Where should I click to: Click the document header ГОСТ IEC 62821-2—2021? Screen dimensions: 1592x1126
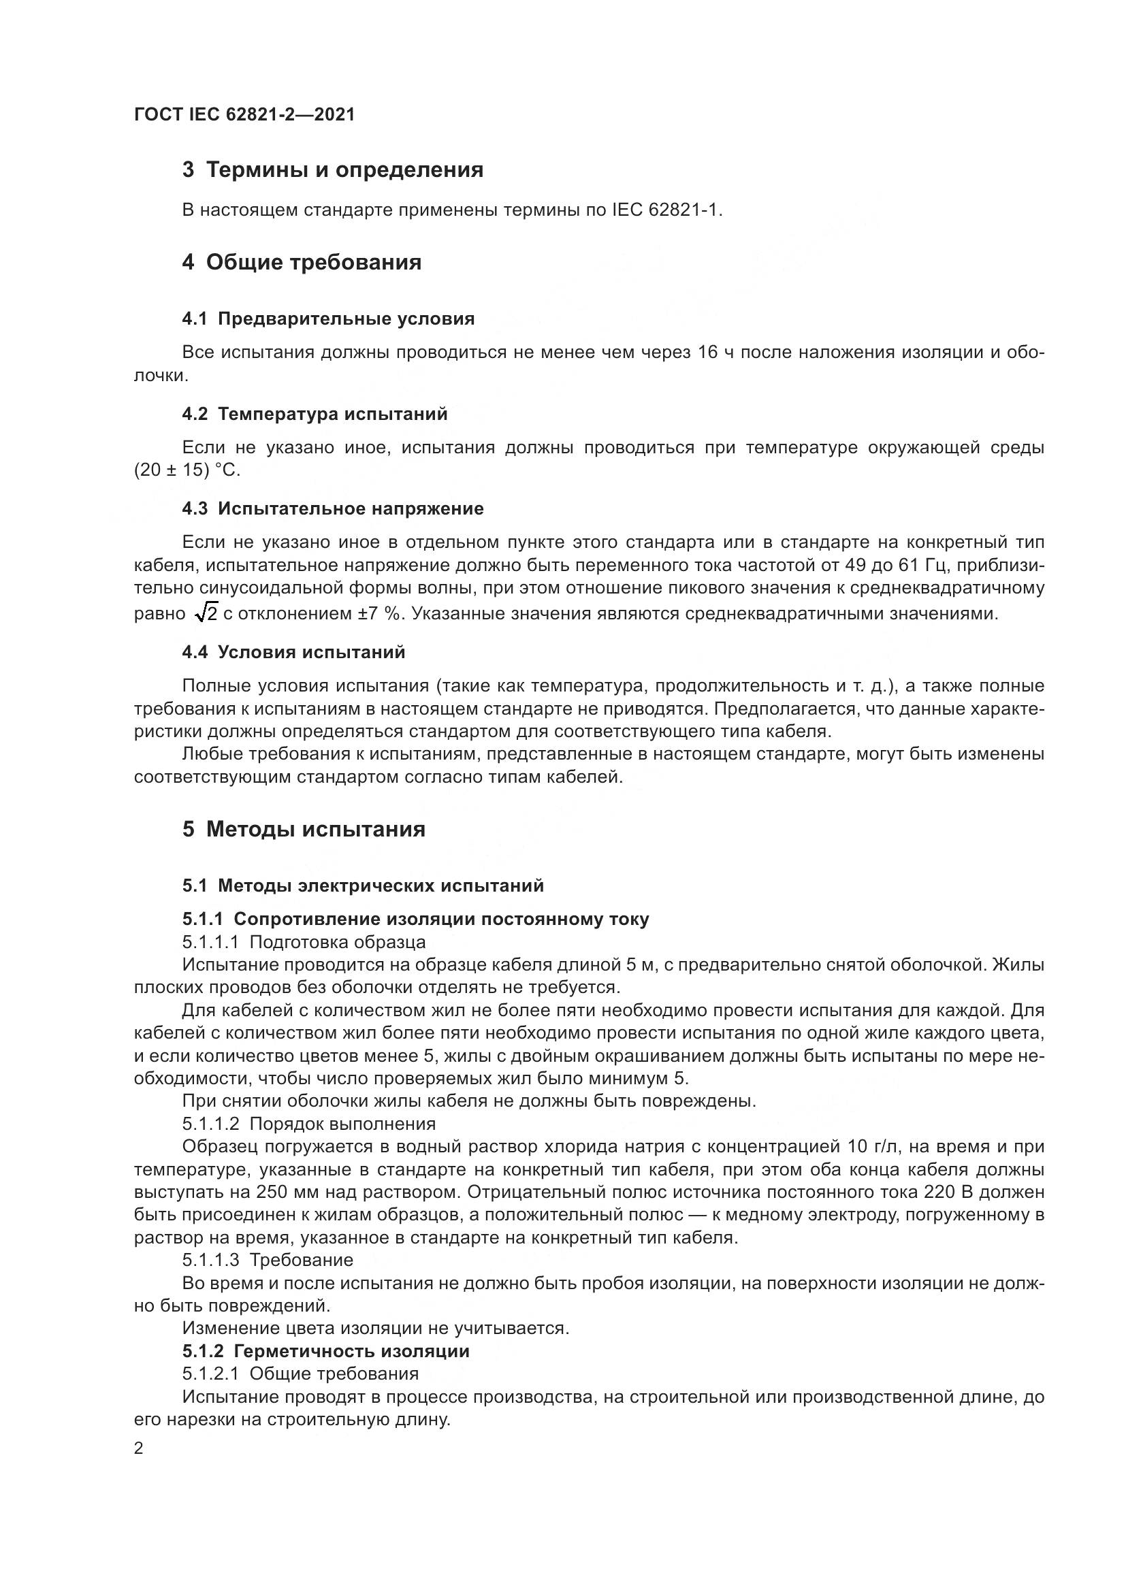point(244,114)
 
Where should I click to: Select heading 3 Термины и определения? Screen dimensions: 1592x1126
point(333,170)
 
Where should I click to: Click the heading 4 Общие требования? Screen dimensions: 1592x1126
point(302,263)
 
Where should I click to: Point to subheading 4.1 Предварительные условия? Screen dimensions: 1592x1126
point(328,319)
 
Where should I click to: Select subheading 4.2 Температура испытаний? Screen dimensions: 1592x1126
point(315,414)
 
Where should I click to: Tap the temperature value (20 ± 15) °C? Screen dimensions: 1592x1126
point(187,471)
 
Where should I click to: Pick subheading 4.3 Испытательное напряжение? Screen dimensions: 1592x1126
point(333,509)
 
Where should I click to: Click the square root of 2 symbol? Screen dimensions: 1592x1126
point(207,613)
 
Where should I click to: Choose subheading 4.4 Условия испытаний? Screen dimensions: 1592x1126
point(293,653)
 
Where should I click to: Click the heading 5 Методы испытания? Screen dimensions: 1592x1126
point(304,830)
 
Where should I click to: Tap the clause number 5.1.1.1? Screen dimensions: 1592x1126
point(211,942)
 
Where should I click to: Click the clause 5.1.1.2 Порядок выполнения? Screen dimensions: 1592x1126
point(308,1124)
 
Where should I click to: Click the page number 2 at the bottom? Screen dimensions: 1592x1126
point(139,1449)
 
